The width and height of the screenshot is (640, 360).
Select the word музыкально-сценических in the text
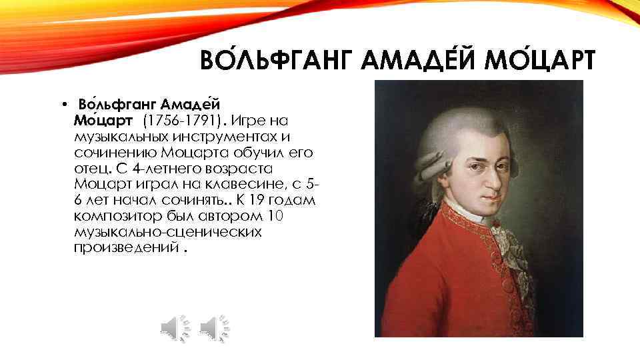[168, 232]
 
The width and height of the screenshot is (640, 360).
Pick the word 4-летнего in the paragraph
[144, 169]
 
